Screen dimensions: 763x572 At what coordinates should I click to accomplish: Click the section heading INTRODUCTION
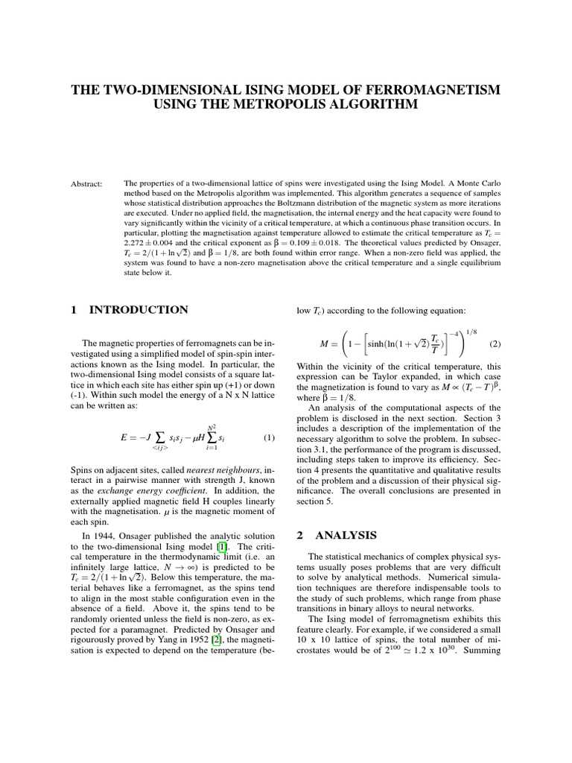coord(139,309)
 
